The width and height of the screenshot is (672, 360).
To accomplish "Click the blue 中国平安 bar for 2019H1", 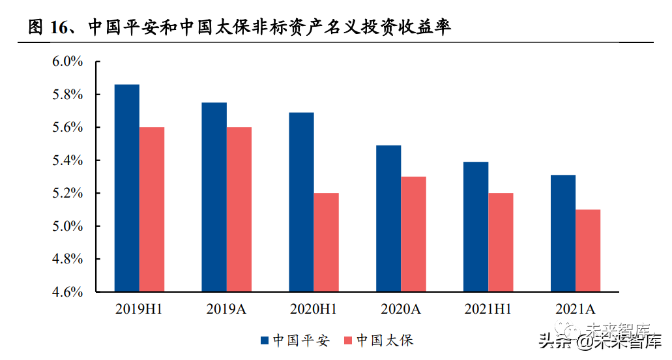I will [x=127, y=188].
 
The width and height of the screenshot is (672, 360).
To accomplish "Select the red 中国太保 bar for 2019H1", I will [x=152, y=209].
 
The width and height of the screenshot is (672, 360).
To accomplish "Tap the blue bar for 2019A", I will [x=214, y=197].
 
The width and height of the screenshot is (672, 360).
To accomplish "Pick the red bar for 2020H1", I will [x=327, y=242].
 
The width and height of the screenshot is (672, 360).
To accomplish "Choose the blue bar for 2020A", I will [x=388, y=218].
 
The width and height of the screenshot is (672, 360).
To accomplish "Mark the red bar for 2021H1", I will [x=501, y=242].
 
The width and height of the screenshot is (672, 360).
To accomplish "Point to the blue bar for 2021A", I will [x=563, y=233].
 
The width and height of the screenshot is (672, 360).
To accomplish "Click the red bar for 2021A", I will [x=588, y=250].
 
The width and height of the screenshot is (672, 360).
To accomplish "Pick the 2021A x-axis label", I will [x=576, y=309].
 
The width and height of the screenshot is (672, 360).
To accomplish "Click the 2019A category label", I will [x=227, y=309].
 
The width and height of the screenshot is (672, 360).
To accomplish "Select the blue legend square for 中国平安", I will [x=265, y=340].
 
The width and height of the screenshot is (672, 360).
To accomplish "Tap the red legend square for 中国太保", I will [x=347, y=340].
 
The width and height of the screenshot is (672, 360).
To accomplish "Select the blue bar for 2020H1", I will [x=302, y=202].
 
